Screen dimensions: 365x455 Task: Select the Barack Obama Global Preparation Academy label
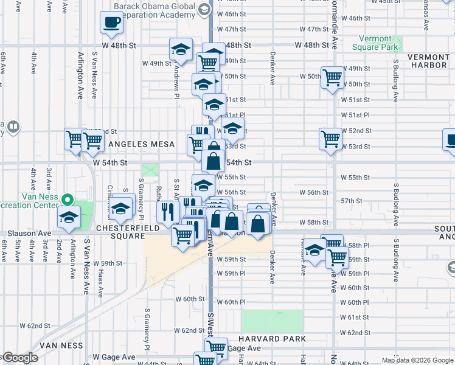click(155, 12)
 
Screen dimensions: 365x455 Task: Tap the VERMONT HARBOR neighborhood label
click(428, 61)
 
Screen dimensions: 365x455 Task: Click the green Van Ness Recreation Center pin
click(69, 199)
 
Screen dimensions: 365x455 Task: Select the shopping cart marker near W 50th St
click(332, 78)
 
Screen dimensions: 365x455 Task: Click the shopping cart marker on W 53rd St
click(330, 139)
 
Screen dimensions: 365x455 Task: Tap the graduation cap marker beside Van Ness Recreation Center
click(69, 217)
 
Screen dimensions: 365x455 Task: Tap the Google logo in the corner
click(20, 358)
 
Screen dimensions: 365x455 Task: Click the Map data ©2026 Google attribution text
click(417, 360)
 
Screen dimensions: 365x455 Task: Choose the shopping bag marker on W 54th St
click(213, 162)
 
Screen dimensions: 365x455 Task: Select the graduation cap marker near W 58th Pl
click(314, 250)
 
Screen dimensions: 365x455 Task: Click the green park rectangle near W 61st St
click(272, 321)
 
